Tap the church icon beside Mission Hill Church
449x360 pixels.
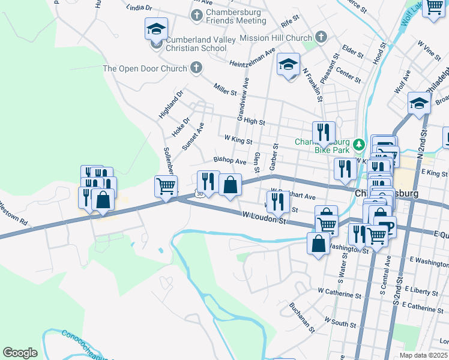coord(321,37)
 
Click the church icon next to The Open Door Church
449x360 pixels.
coord(196,68)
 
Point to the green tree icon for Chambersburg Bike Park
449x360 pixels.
coord(359,144)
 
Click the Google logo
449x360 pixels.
coord(20,353)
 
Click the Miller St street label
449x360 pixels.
coord(225,89)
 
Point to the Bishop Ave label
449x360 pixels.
coord(230,161)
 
